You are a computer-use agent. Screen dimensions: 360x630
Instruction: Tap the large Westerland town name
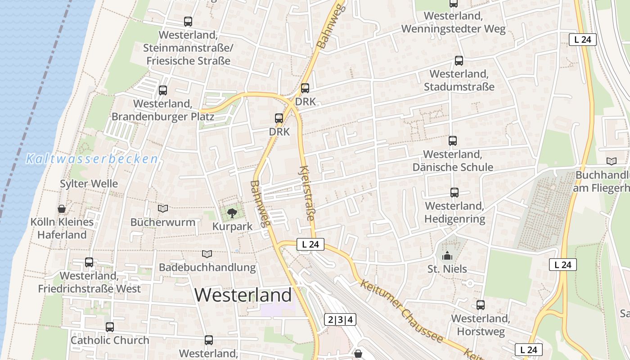pos(243,295)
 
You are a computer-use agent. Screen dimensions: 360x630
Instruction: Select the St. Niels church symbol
pos(447,256)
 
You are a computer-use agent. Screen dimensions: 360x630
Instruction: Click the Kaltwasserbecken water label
pos(92,159)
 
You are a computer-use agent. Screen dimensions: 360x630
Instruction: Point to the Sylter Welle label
pos(89,184)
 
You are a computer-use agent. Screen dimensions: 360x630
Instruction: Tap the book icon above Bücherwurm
pos(163,209)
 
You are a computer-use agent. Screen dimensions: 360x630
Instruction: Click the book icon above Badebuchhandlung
pos(207,254)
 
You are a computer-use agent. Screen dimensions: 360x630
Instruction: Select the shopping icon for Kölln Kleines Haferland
pos(62,209)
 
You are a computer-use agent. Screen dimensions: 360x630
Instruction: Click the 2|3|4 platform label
pos(340,320)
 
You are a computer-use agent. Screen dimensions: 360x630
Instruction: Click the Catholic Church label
pos(110,340)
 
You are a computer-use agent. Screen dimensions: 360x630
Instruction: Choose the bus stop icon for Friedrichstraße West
pos(89,262)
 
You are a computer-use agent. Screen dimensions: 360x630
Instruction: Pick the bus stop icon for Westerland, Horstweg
pos(481,305)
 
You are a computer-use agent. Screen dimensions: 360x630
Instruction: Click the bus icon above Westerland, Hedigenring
pos(454,193)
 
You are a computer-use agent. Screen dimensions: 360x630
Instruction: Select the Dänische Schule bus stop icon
pos(453,141)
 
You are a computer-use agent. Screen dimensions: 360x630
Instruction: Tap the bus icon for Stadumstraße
pos(459,61)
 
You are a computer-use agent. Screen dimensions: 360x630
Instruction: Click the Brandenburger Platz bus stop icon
pos(163,90)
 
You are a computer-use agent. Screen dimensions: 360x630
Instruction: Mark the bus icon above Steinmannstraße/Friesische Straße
pos(188,21)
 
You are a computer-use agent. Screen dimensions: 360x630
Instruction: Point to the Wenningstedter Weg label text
pos(453,29)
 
